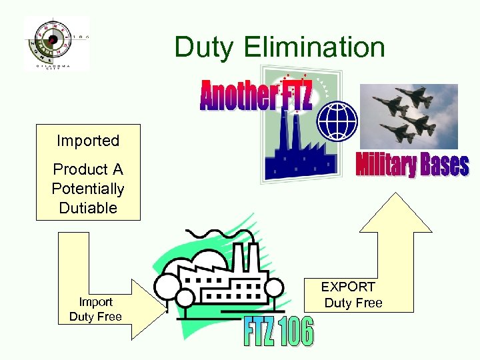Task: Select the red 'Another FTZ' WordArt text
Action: click(255, 95)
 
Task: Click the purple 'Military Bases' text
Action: click(411, 165)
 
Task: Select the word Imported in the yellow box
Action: click(88, 141)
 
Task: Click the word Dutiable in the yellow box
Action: click(88, 207)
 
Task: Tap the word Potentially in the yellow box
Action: click(88, 189)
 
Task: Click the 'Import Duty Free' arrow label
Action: click(95, 309)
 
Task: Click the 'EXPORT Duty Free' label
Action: click(351, 295)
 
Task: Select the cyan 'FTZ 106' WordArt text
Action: click(279, 332)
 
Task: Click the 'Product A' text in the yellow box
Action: click(88, 169)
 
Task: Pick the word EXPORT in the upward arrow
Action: click(348, 287)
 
